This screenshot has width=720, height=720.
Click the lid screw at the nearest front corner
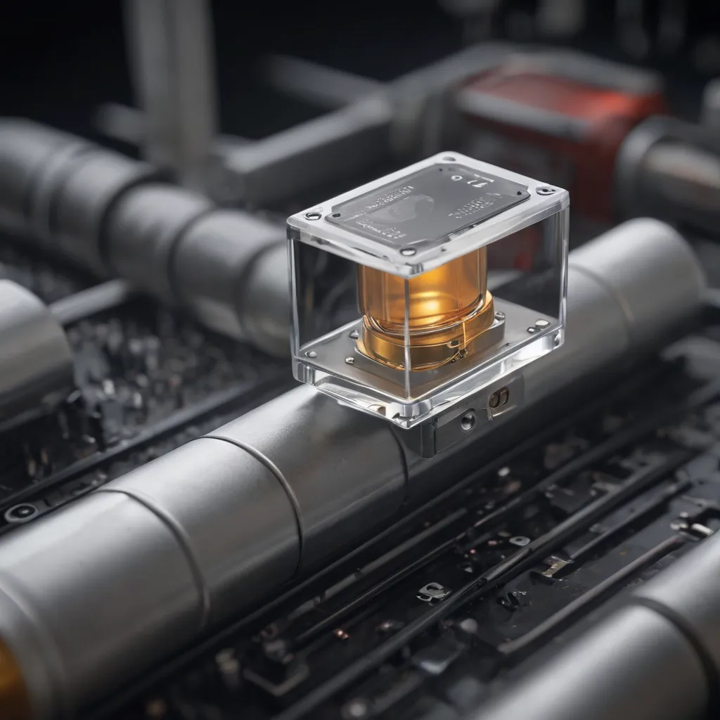[x=406, y=250]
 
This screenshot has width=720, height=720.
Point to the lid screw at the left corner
[x=308, y=216]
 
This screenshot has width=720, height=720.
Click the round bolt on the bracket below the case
[x=467, y=420]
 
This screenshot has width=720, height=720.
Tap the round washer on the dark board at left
[x=21, y=512]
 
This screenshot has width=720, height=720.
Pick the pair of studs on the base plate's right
[x=539, y=326]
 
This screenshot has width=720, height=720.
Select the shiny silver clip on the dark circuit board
[x=434, y=593]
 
